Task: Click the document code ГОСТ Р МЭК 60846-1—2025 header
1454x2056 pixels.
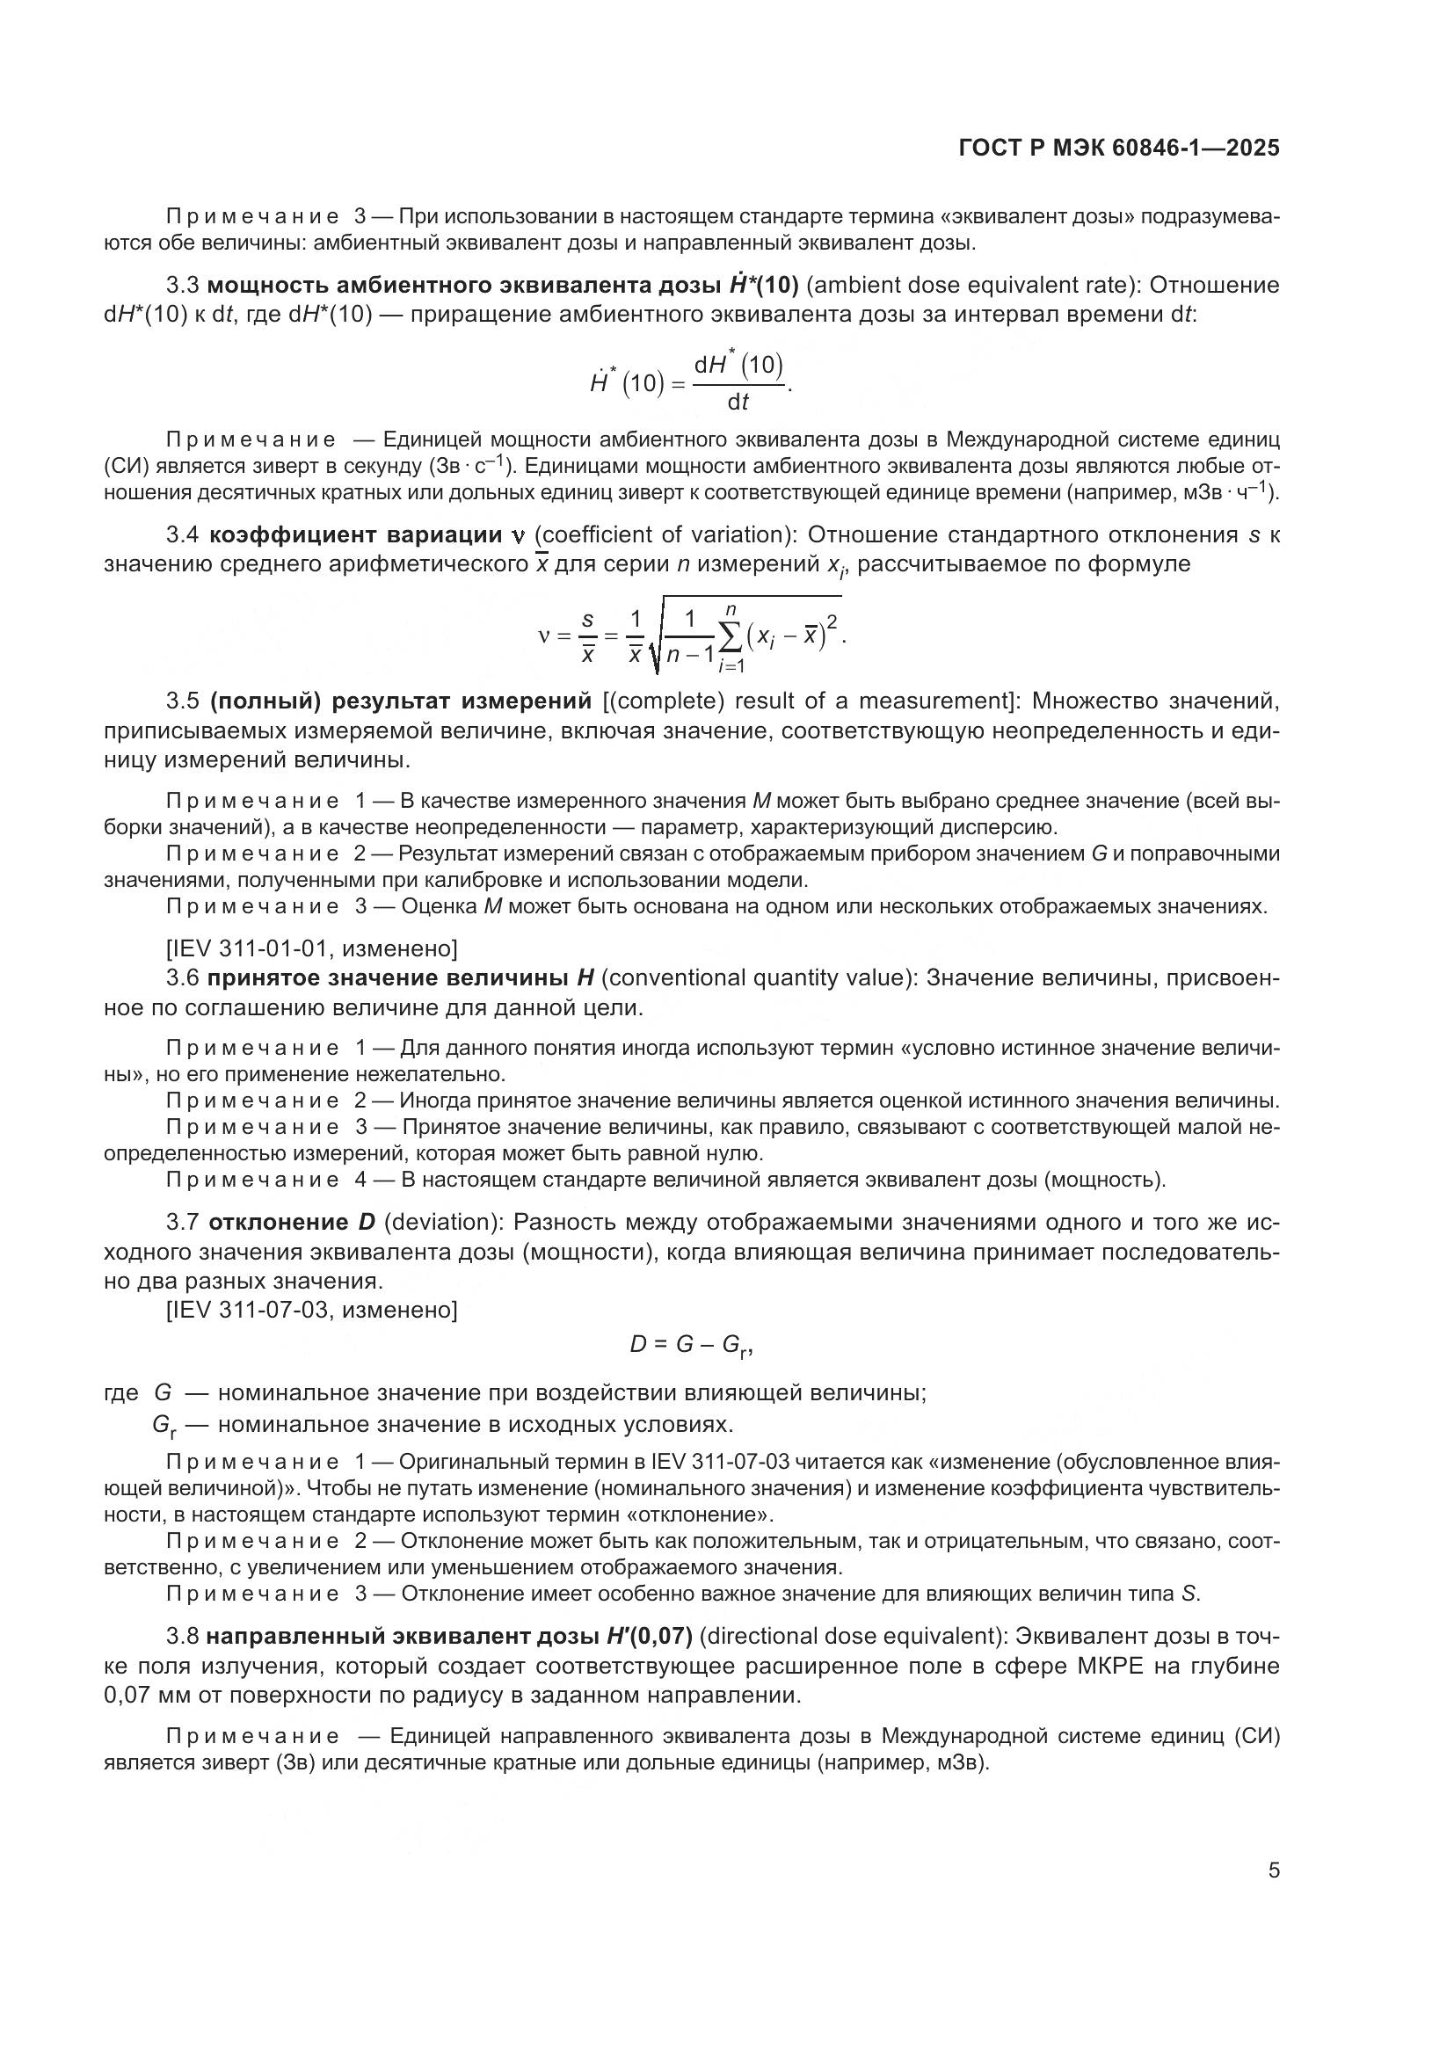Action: tap(1118, 149)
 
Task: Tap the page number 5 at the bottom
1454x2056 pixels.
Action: tap(1274, 1871)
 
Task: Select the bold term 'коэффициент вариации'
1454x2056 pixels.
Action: tap(354, 535)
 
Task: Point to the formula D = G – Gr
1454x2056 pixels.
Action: tap(690, 1345)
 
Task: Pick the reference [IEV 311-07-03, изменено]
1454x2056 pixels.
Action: tap(311, 1310)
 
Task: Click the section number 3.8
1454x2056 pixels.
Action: tap(183, 1636)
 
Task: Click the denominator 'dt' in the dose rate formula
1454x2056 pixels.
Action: tap(738, 403)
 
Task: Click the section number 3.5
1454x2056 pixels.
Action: tap(183, 701)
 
